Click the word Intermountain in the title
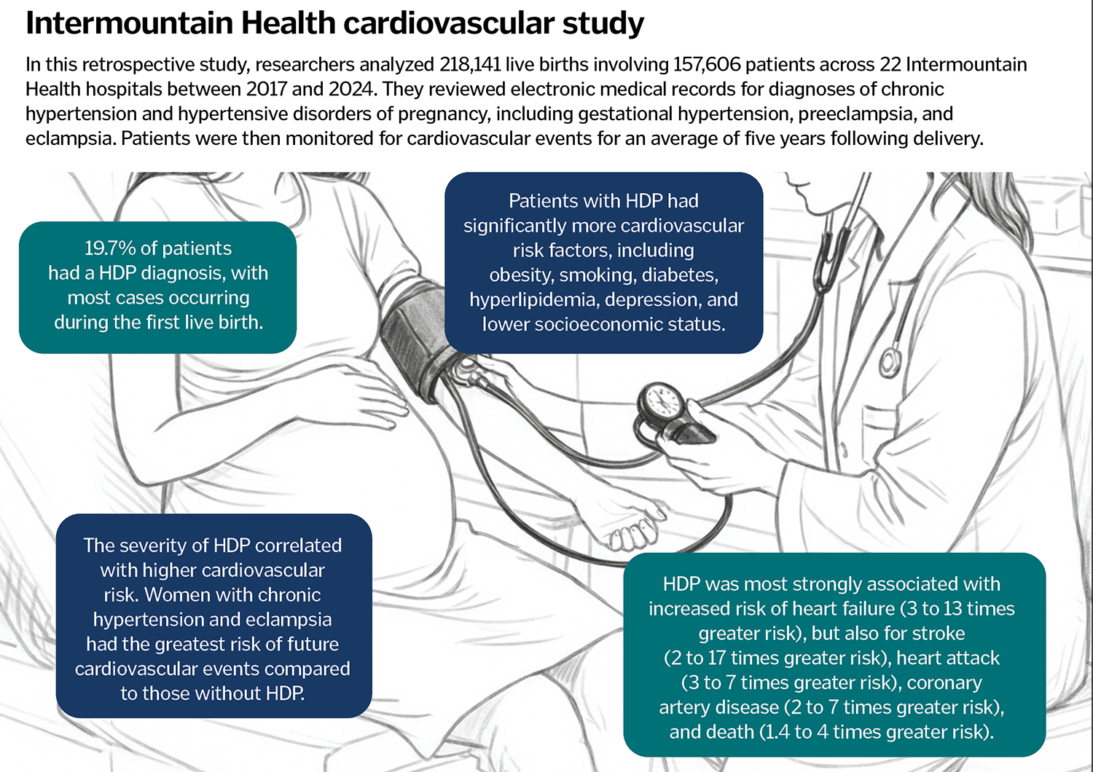129,23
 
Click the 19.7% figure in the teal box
110,248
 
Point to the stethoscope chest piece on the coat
889,361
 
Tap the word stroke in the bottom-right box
939,634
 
